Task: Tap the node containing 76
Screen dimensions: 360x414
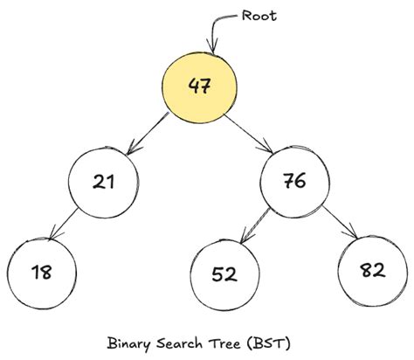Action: point(294,182)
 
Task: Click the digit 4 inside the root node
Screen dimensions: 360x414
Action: point(193,86)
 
